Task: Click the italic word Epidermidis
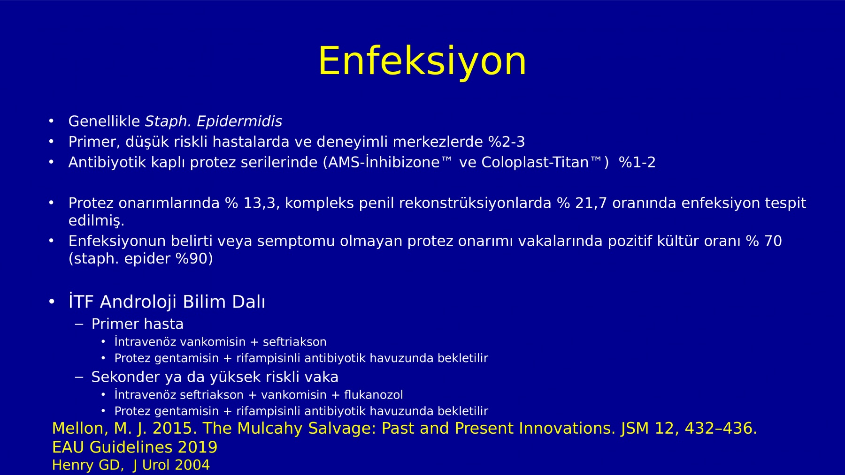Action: [x=239, y=121]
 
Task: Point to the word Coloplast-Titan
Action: [x=535, y=162]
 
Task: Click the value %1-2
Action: [x=637, y=162]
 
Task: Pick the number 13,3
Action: [x=260, y=203]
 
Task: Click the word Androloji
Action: [x=138, y=302]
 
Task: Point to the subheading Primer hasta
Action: [x=137, y=324]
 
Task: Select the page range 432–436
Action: [x=721, y=429]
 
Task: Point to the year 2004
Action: [x=192, y=465]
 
